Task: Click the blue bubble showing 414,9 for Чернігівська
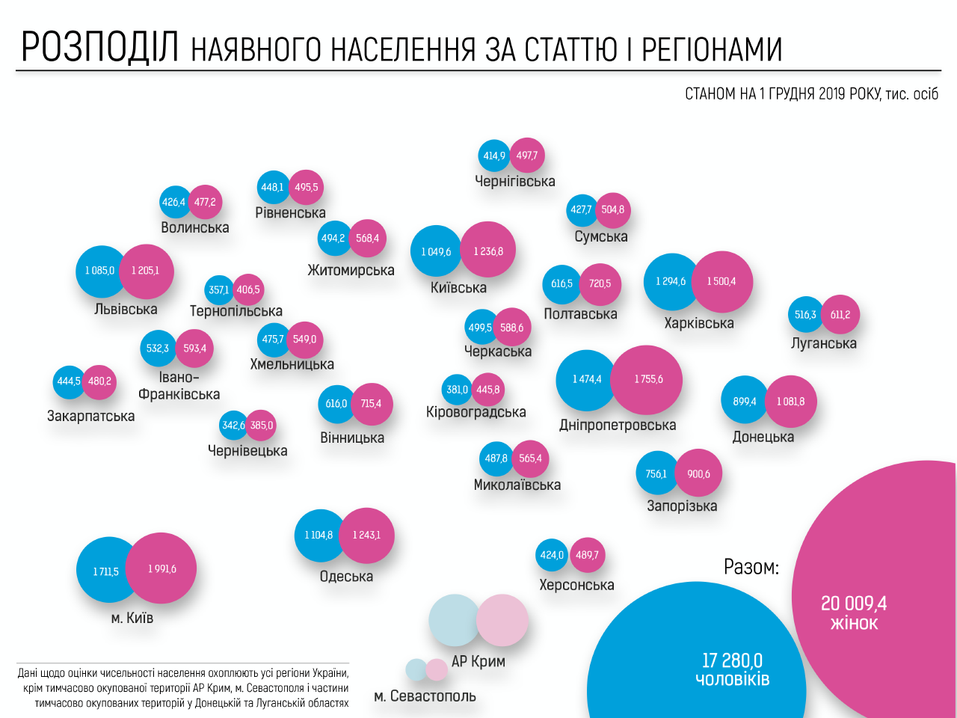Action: click(493, 156)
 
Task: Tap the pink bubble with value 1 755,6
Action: click(647, 379)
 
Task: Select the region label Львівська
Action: click(126, 309)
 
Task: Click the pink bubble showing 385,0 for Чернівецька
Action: click(262, 426)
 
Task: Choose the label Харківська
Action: click(699, 323)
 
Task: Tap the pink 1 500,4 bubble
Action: click(721, 281)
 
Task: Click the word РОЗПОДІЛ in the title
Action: click(100, 47)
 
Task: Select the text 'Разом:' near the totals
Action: click(751, 567)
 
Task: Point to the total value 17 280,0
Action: click(732, 660)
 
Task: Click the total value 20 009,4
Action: click(854, 603)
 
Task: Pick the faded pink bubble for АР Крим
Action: click(503, 620)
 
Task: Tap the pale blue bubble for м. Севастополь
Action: click(416, 669)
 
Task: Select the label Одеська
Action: click(346, 577)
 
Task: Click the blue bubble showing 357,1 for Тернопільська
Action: click(219, 290)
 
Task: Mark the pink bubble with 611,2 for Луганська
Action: click(840, 315)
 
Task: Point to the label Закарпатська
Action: click(91, 416)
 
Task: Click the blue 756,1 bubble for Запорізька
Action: click(656, 474)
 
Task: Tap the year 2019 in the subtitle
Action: click(831, 93)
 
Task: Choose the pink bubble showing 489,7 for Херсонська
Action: click(587, 555)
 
